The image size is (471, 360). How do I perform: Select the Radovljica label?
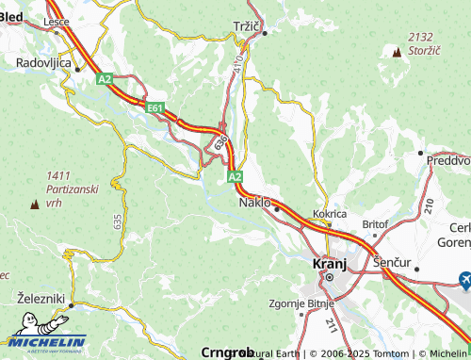pyautogui.click(x=44, y=61)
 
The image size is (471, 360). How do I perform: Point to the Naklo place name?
pyautogui.click(x=254, y=202)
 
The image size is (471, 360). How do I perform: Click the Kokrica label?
pyautogui.click(x=331, y=214)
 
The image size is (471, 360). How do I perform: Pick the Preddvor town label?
pyautogui.click(x=448, y=160)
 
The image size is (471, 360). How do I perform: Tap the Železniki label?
pyautogui.click(x=40, y=298)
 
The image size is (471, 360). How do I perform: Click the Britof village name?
pyautogui.click(x=375, y=224)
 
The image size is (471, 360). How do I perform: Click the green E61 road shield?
pyautogui.click(x=155, y=109)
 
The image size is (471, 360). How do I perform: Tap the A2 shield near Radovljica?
pyautogui.click(x=104, y=79)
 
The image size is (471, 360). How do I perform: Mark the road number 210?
pyautogui.click(x=429, y=205)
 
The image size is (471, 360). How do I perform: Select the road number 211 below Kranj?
pyautogui.click(x=331, y=325)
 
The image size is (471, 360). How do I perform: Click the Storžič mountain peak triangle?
pyautogui.click(x=396, y=51)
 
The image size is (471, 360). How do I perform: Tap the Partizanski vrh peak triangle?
pyautogui.click(x=35, y=203)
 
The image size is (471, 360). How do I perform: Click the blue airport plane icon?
pyautogui.click(x=464, y=279)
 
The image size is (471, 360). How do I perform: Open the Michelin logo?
pyautogui.click(x=44, y=343)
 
